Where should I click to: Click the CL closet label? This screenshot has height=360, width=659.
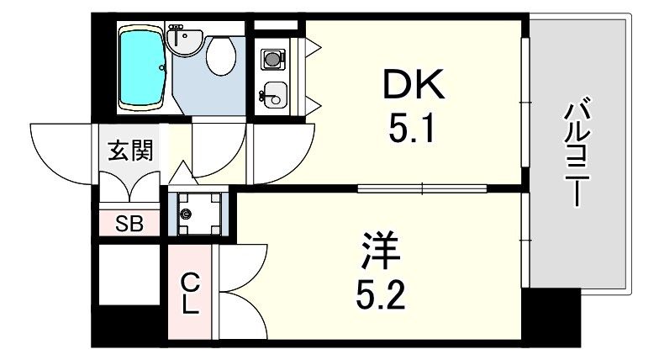pyautogui.click(x=191, y=292)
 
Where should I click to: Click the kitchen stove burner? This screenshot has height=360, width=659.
pyautogui.click(x=272, y=58)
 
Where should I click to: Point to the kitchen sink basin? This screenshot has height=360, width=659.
pyautogui.click(x=274, y=93)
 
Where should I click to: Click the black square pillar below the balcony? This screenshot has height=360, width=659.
pyautogui.click(x=551, y=316)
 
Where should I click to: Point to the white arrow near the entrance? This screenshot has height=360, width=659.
pyautogui.click(x=182, y=174)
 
